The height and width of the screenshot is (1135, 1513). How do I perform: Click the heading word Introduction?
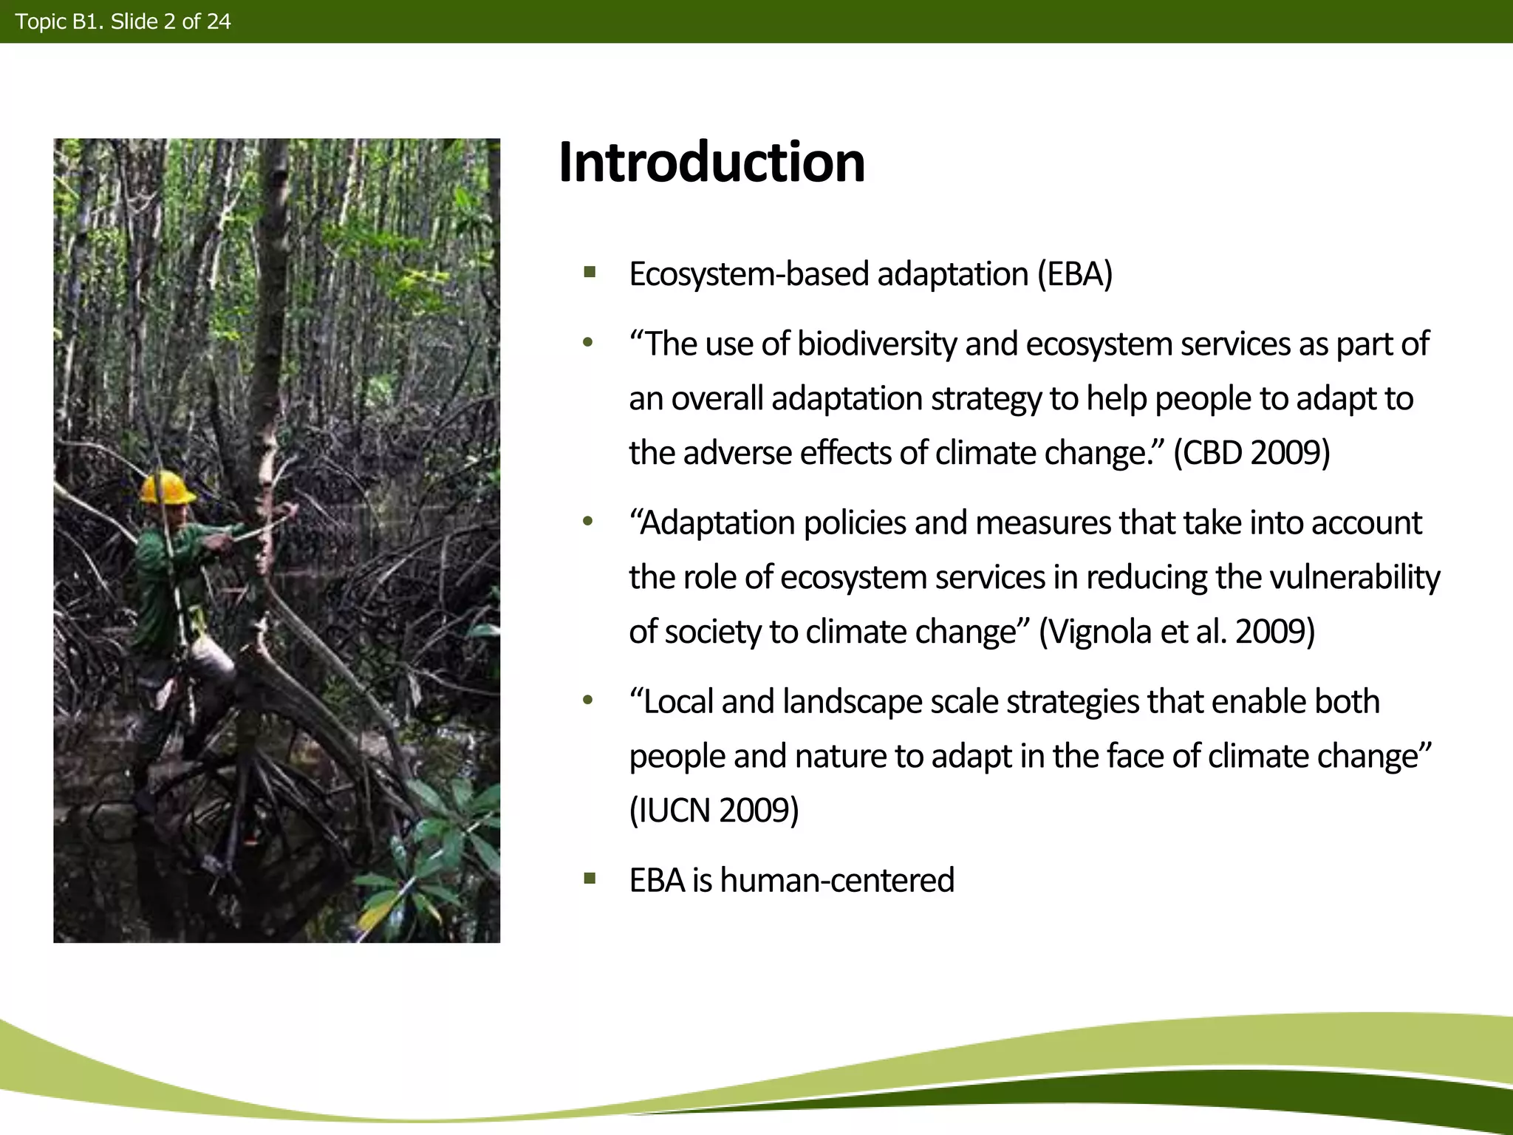(x=711, y=163)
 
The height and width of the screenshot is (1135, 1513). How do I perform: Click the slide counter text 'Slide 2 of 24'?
(x=171, y=21)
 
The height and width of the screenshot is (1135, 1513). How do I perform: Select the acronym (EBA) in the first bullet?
(x=1074, y=274)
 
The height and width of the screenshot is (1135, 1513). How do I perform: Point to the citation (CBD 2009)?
(x=1251, y=452)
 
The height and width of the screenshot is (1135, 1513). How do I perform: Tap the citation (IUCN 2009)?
(x=714, y=811)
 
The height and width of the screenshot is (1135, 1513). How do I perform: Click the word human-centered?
(x=837, y=880)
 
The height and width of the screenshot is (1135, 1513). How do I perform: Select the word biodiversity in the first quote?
(x=877, y=344)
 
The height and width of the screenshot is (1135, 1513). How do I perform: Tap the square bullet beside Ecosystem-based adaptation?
(x=589, y=273)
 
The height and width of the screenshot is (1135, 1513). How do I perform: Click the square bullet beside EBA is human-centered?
(x=589, y=879)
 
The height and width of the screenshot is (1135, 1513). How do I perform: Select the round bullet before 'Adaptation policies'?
(x=588, y=522)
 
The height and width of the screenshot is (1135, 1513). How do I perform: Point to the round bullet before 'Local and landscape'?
(x=588, y=700)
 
